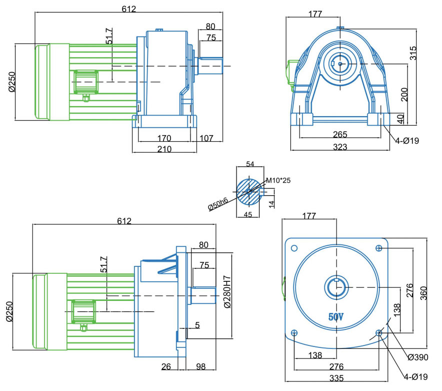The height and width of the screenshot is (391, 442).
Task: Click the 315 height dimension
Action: click(413, 52)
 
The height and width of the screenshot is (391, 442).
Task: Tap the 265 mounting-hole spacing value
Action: click(340, 135)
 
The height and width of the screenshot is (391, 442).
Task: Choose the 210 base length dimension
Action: click(164, 149)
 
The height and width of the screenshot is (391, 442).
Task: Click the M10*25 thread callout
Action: click(277, 180)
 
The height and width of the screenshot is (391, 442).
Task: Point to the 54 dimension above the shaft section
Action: click(250, 164)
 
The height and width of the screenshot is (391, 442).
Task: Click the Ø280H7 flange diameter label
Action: click(227, 292)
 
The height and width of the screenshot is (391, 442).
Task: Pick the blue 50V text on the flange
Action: click(335, 317)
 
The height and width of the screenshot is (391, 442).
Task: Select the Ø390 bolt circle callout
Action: click(417, 357)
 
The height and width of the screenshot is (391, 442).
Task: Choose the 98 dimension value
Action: click(201, 367)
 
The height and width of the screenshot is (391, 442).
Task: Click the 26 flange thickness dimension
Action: click(166, 367)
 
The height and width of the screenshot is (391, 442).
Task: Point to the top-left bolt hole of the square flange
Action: click(294, 248)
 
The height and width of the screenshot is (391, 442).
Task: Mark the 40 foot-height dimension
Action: click(400, 119)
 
